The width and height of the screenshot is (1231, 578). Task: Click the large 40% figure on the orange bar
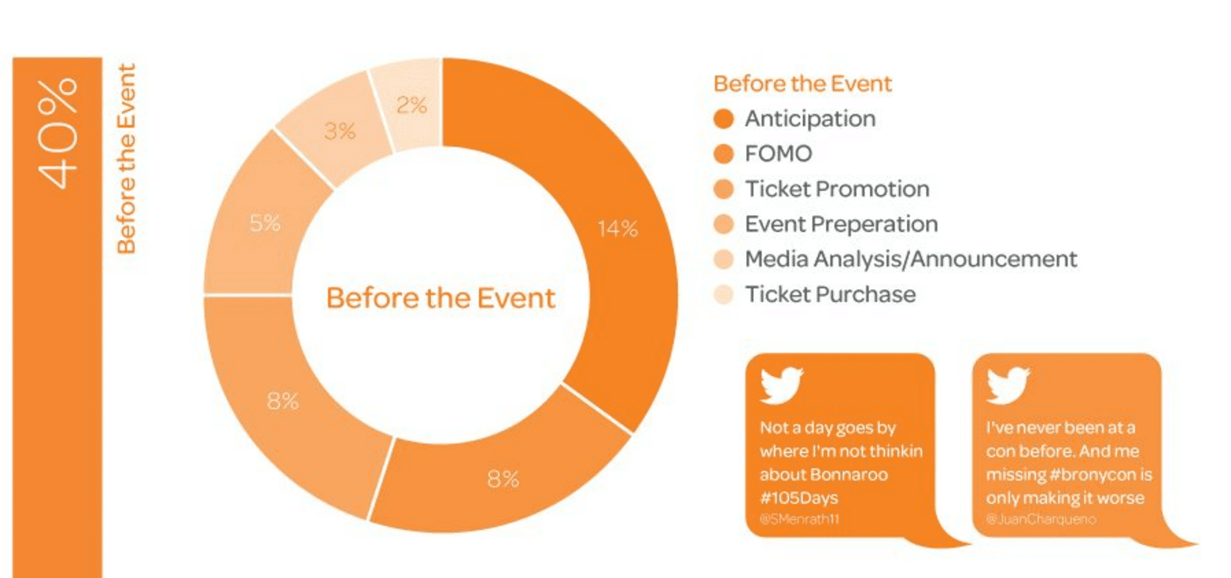coord(58,134)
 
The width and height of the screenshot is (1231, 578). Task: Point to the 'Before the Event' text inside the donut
coord(441,298)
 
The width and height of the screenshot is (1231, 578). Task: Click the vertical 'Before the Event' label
coord(126,159)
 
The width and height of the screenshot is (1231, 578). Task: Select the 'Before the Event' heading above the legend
coord(802,84)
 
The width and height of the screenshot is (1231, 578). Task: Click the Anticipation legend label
coord(810,119)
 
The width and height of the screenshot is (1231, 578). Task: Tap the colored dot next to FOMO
coord(723,154)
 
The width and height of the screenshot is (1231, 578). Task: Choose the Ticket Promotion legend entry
coord(837,189)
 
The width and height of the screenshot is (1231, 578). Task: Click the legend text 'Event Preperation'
coord(841,224)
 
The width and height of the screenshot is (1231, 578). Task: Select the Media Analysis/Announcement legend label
coord(911,259)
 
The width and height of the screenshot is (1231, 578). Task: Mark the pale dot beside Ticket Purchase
coord(723,294)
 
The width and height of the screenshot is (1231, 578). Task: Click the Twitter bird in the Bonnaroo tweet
coord(781,384)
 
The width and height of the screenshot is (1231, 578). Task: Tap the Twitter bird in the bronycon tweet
coord(1007,384)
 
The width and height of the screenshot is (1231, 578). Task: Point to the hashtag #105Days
coord(799,498)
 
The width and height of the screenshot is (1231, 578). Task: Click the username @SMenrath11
coord(799,519)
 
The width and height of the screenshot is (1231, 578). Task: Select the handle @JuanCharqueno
coord(1040,519)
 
